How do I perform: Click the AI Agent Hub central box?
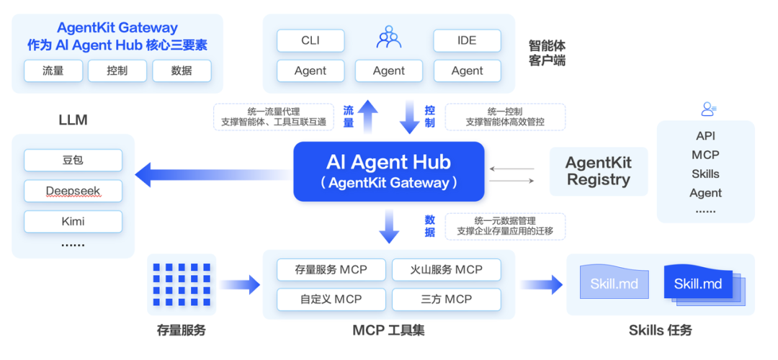(388, 171)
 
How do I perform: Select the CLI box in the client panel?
(310, 40)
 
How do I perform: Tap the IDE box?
(467, 40)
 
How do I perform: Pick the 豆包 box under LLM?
(73, 160)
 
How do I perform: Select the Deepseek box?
(73, 191)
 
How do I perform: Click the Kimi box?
(73, 221)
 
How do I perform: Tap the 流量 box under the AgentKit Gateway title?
(53, 71)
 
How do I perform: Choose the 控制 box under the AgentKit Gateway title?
(117, 71)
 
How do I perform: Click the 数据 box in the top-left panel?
(182, 71)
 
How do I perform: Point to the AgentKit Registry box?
(599, 171)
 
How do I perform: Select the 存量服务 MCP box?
(331, 269)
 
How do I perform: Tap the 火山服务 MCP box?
(447, 269)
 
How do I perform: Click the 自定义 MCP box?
(331, 299)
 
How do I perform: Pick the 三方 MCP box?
(447, 299)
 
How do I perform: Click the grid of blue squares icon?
(182, 284)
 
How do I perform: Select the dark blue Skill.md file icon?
(698, 284)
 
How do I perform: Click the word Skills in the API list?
(705, 174)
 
